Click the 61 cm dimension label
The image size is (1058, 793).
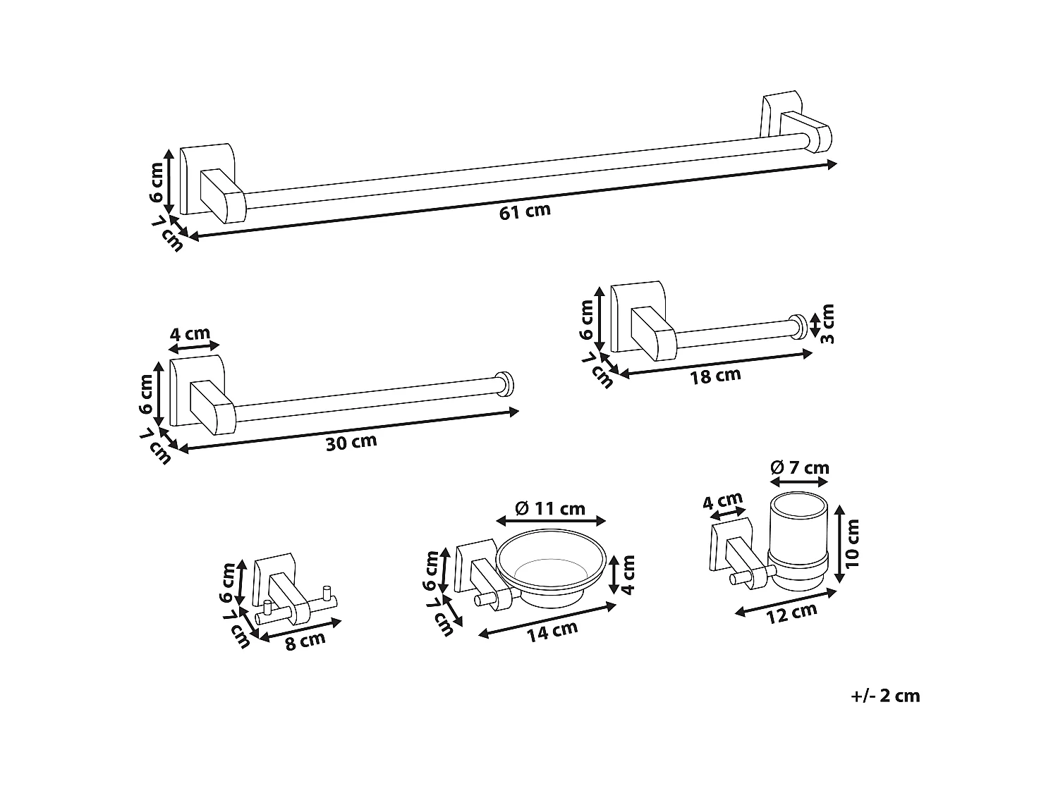525,211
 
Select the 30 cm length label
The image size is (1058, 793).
351,443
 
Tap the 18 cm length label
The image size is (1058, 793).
715,375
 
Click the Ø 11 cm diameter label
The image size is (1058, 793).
550,508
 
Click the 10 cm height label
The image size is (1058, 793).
853,543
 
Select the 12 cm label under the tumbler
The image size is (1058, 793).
791,613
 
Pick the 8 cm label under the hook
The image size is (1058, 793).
305,641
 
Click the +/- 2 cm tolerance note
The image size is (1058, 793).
885,696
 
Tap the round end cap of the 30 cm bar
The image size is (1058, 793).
504,383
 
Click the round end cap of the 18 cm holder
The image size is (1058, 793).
799,326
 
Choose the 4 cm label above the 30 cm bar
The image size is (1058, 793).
190,333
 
